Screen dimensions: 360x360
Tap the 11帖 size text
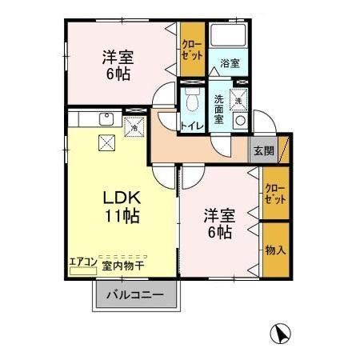pos(119,216)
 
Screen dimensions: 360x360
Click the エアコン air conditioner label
pos(82,261)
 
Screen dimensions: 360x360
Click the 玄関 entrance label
pos(264,150)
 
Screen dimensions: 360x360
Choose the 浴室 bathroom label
pos(230,62)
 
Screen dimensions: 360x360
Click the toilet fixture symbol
pos(191,99)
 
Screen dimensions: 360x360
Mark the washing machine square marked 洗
pos(238,100)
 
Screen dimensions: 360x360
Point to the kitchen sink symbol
pos(104,121)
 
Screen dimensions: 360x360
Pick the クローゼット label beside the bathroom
pos(192,50)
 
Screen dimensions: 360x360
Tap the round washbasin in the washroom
pos(238,122)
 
